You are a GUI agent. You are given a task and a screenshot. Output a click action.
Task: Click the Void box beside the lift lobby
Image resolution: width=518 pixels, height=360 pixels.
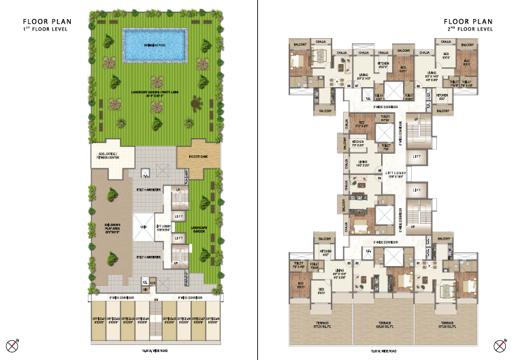(x=144, y=227)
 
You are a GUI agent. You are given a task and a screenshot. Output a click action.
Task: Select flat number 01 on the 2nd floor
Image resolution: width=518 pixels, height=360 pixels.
(x=417, y=261)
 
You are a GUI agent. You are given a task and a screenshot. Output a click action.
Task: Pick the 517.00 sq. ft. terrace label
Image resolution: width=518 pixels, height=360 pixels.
(x=447, y=325)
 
